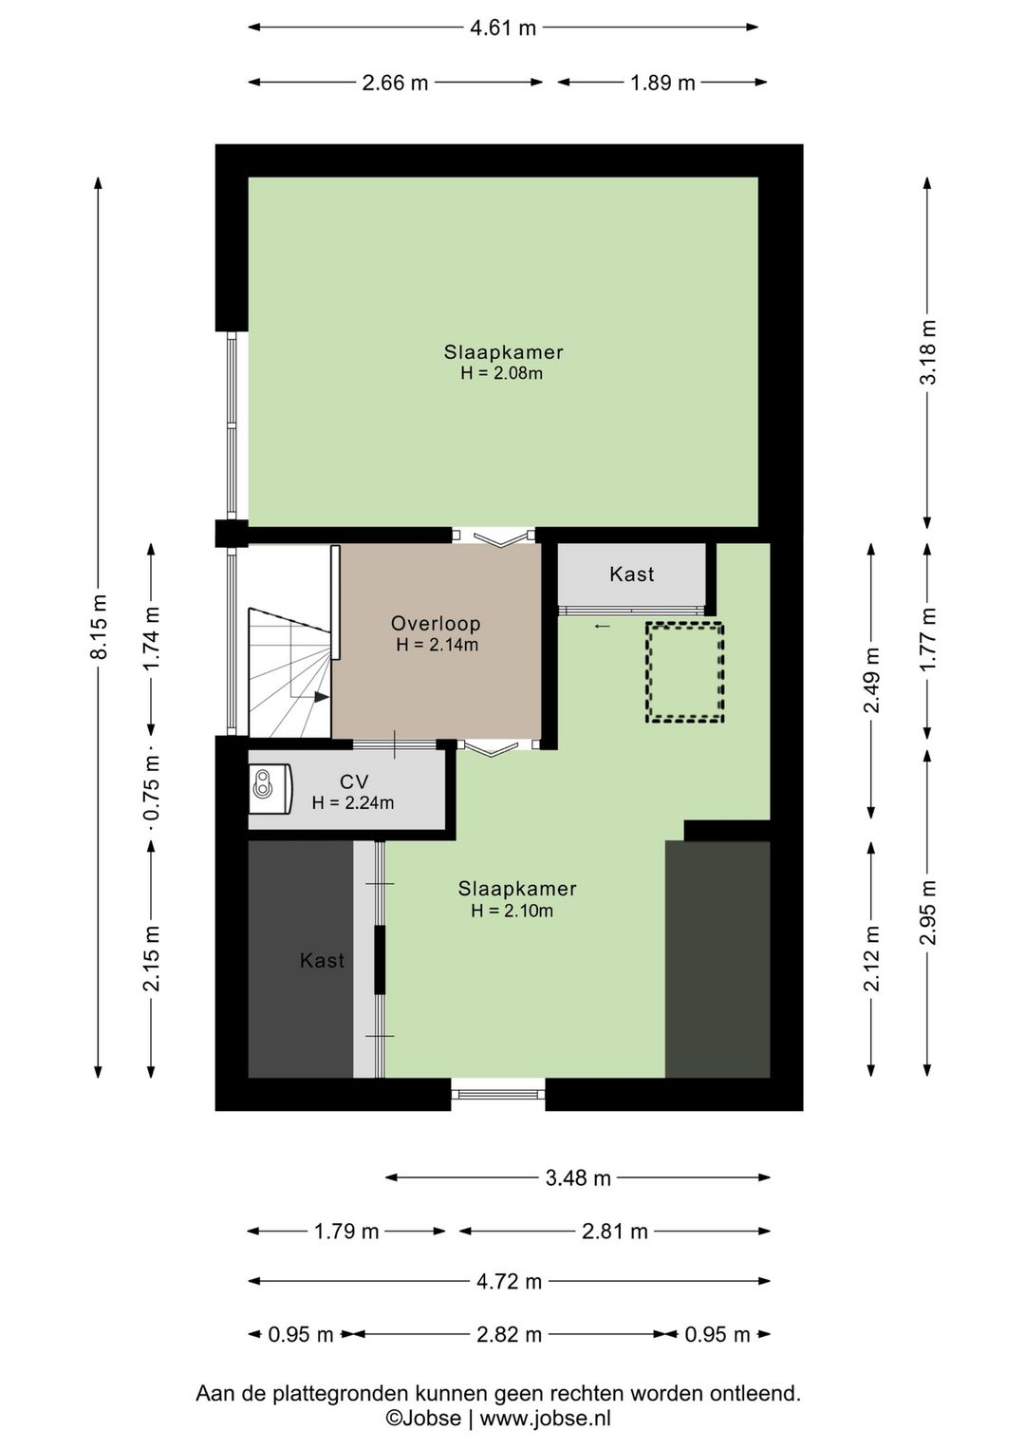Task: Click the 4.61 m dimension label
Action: pos(502,28)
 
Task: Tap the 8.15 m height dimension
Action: pos(99,626)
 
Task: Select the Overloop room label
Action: pos(436,624)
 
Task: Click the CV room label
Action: pos(354,781)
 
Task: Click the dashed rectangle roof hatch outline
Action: pos(684,672)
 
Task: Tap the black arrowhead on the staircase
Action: pos(322,697)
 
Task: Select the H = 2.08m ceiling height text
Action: pos(501,373)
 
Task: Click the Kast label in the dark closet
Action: pos(322,961)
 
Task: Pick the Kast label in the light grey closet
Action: pos(631,574)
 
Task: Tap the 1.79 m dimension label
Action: pos(346,1231)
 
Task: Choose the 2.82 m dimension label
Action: pos(509,1334)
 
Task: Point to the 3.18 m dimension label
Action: pos(928,352)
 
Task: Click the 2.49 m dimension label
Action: pos(872,681)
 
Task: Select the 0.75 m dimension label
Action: pos(152,788)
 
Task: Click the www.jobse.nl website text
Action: pos(545,1418)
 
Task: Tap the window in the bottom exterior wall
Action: pos(498,1094)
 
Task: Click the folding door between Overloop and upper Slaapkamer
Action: pos(494,536)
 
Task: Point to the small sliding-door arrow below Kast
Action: pos(602,626)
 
